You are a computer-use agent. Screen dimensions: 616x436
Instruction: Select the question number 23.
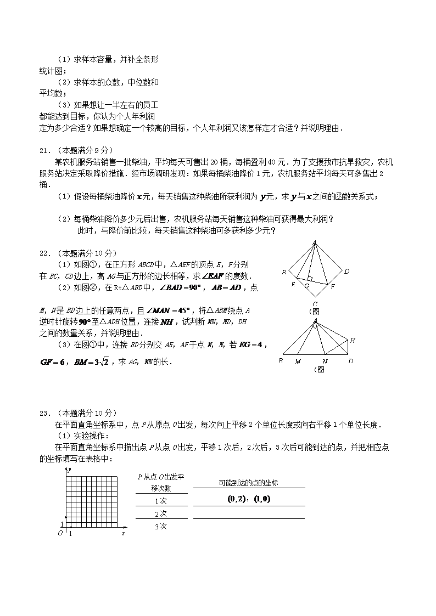(x=44, y=413)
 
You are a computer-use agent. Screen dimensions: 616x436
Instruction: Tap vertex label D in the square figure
(x=346, y=271)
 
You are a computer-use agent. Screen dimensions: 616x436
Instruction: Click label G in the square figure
(x=307, y=285)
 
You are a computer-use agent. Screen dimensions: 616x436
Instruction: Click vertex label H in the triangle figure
(x=352, y=341)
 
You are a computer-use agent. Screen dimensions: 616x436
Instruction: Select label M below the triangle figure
(x=298, y=361)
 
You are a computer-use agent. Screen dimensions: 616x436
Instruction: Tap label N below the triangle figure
(x=325, y=361)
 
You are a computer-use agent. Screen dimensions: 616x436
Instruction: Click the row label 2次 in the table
(x=160, y=513)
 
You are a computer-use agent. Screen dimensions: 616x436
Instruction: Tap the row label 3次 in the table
(x=160, y=526)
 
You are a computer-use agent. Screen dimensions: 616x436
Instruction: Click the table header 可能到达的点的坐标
(x=248, y=483)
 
